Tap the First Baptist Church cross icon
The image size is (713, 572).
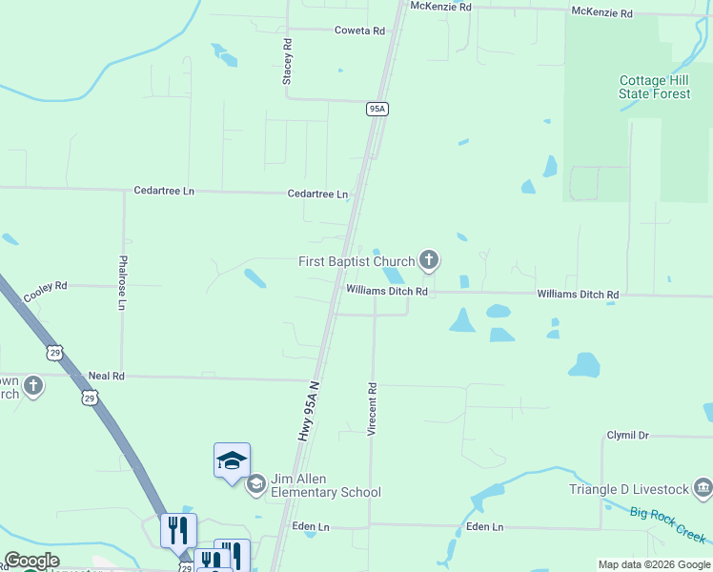[x=429, y=259]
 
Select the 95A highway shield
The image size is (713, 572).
[x=377, y=109]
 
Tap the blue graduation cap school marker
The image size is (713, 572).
[x=232, y=461]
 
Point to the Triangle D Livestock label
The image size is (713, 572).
[x=629, y=489]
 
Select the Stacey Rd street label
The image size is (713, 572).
[x=286, y=62]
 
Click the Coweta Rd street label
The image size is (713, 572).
[x=359, y=31]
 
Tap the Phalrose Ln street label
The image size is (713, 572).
[x=122, y=282]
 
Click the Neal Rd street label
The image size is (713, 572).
[x=106, y=377]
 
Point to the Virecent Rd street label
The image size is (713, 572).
[x=373, y=410]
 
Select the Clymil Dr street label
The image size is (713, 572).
[x=627, y=435]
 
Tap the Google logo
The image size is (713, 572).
[x=31, y=561]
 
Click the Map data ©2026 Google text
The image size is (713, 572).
[x=653, y=564]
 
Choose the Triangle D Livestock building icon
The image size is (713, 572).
[x=703, y=489]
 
